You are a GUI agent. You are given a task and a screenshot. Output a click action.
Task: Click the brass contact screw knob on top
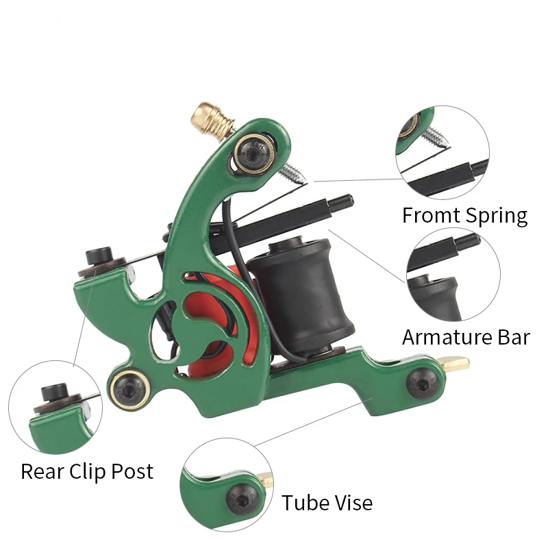click(214, 117)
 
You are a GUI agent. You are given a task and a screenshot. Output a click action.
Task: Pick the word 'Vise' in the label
click(353, 503)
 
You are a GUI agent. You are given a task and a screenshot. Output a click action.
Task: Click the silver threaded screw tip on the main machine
click(292, 170)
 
